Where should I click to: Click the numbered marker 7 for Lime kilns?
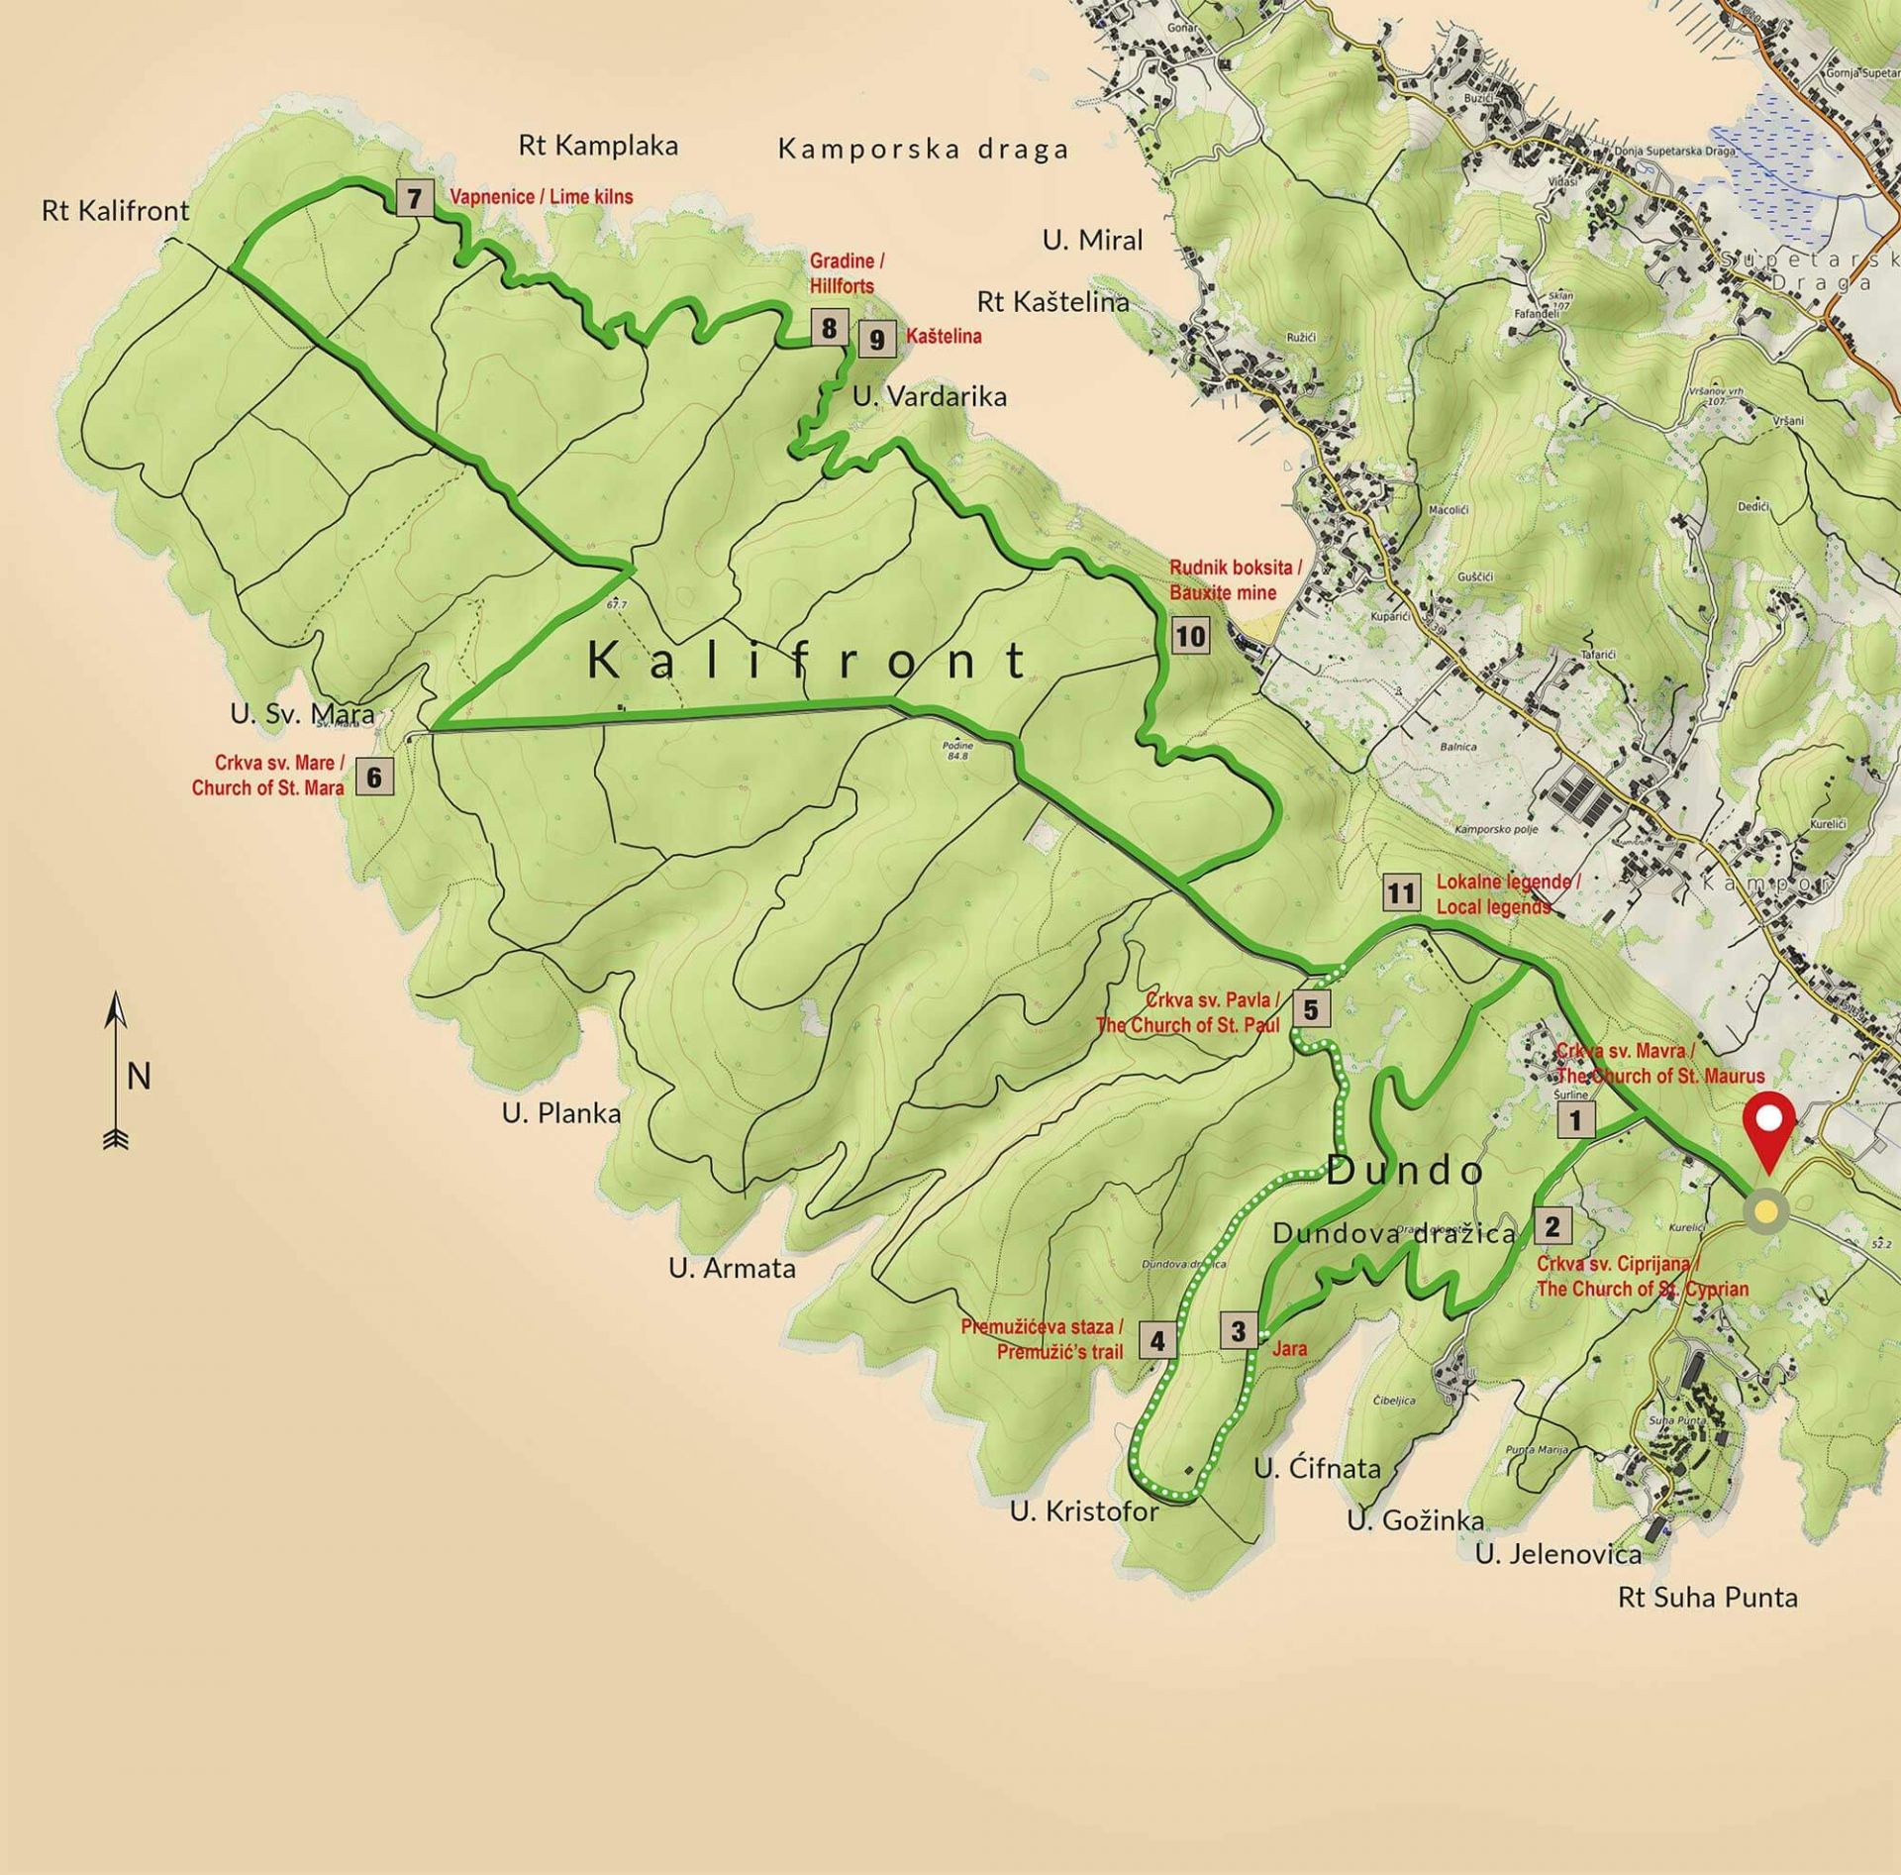pos(414,198)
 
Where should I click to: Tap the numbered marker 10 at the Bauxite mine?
pos(1190,636)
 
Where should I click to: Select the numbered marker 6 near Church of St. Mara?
pos(373,778)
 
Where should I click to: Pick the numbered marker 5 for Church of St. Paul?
pos(1311,1009)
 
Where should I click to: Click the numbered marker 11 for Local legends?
pos(1400,894)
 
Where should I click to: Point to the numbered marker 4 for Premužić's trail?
pos(1157,1341)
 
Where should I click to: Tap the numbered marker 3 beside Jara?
pos(1238,1331)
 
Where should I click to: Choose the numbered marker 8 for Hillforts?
pos(829,328)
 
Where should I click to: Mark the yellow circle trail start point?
pos(1765,1212)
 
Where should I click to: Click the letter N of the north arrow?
pos(139,1077)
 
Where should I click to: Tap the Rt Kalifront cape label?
pos(116,211)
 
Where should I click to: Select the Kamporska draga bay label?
pos(923,150)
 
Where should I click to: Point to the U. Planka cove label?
pos(561,1113)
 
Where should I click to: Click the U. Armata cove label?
pos(732,1269)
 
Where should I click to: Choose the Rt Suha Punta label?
pos(1708,1598)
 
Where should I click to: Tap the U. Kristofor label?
pos(1084,1511)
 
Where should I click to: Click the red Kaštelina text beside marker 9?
pos(944,337)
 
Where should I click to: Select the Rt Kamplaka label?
pos(598,147)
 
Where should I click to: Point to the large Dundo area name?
pos(1405,1172)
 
